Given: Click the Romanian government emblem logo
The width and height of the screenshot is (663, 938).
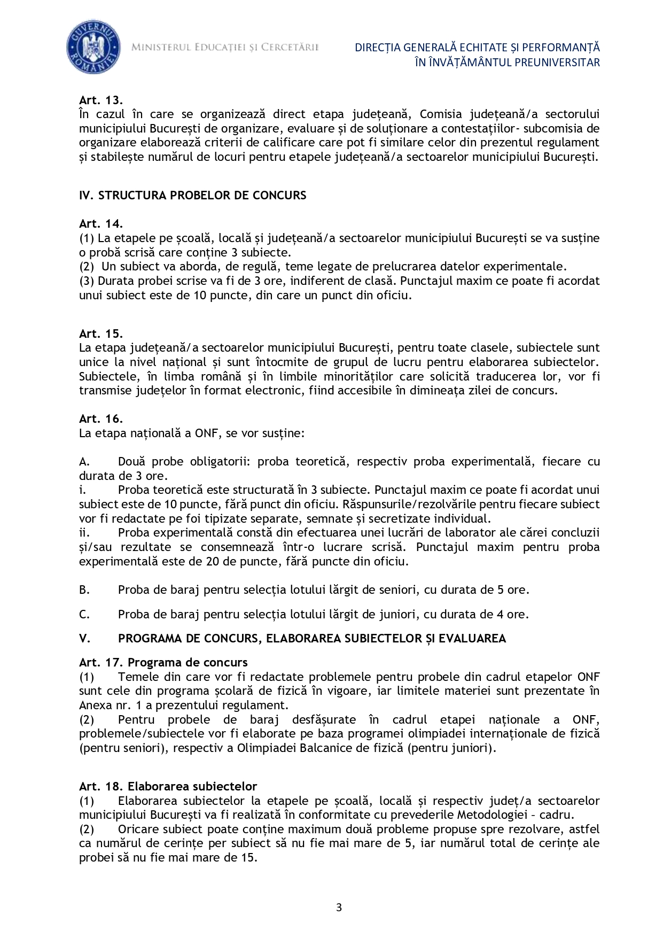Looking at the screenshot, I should pyautogui.click(x=92, y=49).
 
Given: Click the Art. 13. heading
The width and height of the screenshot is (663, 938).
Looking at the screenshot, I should pyautogui.click(x=101, y=100).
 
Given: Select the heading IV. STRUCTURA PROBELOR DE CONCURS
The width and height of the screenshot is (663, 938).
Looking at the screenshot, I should pyautogui.click(x=192, y=195).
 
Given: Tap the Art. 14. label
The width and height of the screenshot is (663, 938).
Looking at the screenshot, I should pyautogui.click(x=101, y=223).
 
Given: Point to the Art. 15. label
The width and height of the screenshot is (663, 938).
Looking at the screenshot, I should pyautogui.click(x=101, y=334).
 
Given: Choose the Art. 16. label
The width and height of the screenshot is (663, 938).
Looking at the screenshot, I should pyautogui.click(x=101, y=418).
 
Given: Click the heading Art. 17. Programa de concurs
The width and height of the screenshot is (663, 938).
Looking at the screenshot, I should pyautogui.click(x=163, y=663).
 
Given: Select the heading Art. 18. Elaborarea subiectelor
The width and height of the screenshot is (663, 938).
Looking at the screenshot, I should pyautogui.click(x=168, y=786).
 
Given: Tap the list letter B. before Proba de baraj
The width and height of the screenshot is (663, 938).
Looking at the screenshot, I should pyautogui.click(x=84, y=590).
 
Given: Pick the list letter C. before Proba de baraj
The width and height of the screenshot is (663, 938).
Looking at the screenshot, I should pyautogui.click(x=84, y=614).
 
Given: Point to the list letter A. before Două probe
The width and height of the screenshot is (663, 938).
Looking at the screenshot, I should pyautogui.click(x=84, y=461).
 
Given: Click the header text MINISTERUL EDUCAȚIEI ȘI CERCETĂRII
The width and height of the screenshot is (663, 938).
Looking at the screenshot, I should pyautogui.click(x=225, y=48).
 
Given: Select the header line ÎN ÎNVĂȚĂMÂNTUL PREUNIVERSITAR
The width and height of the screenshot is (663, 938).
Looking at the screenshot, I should pyautogui.click(x=507, y=62).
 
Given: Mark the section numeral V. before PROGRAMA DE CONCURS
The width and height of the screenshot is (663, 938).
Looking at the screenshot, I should pyautogui.click(x=84, y=638).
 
